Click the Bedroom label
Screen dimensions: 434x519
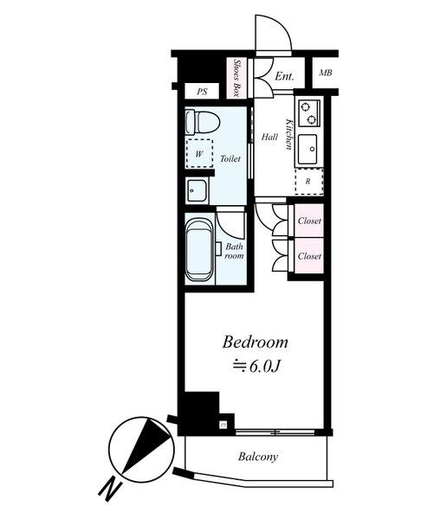click(255, 342)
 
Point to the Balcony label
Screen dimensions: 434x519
click(258, 457)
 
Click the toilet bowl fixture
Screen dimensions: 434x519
click(203, 122)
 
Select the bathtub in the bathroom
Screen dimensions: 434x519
click(200, 249)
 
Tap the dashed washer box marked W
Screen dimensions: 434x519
click(199, 153)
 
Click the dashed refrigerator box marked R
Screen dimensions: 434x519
click(309, 182)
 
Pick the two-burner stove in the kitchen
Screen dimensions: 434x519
click(310, 112)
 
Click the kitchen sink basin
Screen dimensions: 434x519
click(308, 150)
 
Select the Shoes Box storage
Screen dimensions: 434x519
click(236, 78)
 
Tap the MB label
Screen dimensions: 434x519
click(325, 73)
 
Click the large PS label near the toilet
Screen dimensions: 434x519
click(202, 92)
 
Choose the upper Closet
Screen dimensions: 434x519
click(309, 221)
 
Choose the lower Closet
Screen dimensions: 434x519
click(309, 256)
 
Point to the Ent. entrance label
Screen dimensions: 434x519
click(284, 76)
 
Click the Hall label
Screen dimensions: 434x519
click(269, 137)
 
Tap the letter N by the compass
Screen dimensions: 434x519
click(109, 490)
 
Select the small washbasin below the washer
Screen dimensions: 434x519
click(197, 190)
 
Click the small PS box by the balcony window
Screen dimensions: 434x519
click(223, 425)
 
